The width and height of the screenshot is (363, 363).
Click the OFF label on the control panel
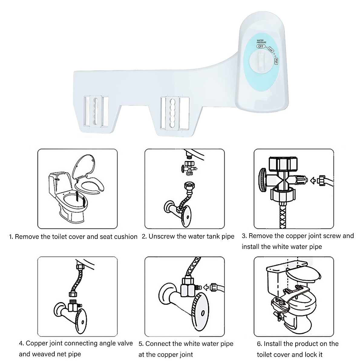pos(260,47)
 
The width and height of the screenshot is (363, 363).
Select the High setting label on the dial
pos(276,61)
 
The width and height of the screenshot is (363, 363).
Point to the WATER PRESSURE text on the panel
pos(261,41)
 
